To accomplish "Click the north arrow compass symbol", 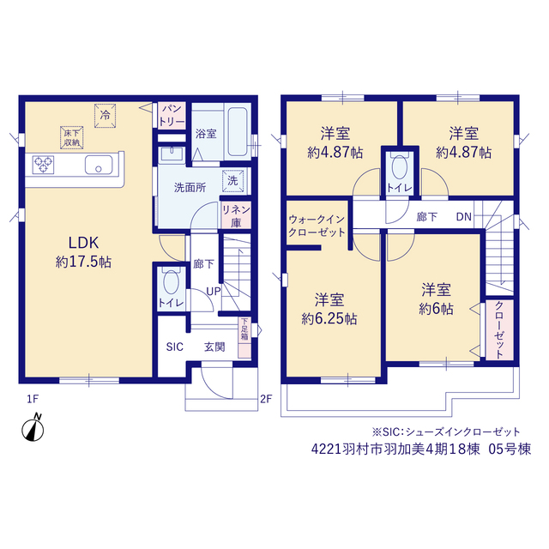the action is point(33,428).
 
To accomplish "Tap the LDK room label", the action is point(83,242).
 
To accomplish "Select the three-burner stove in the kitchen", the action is point(43,165).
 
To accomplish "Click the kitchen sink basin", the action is point(99,165).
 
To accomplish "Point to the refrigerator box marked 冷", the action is point(105,116).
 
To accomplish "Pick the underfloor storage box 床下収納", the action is point(72,137).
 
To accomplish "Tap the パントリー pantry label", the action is point(172,116).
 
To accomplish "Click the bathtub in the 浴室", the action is point(238,131).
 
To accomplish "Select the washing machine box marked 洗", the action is point(232,181).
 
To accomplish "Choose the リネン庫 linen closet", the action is point(236,215).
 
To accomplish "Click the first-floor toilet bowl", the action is point(172,282).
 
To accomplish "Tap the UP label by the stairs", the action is point(214,291).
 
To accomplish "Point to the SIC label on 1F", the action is point(175,347).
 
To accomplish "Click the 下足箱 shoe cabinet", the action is point(244,337).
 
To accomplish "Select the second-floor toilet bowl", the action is point(400,167).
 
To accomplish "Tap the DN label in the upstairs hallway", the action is point(464,217).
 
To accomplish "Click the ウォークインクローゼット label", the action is point(317,226).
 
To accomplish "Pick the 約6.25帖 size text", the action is point(329,318).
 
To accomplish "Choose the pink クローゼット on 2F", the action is point(499,329).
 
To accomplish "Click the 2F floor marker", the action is point(266,398).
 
